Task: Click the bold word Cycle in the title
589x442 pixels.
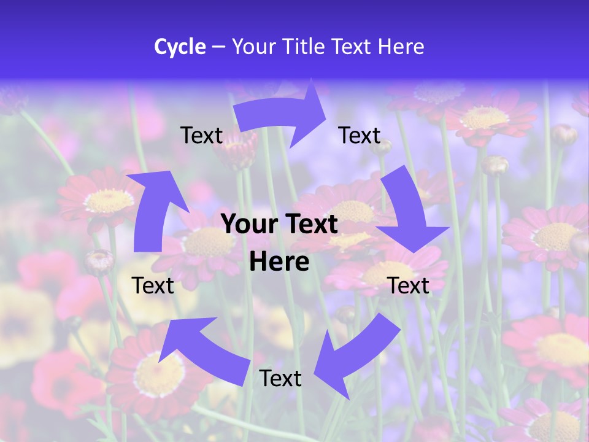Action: tap(180, 47)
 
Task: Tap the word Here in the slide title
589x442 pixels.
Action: tap(401, 47)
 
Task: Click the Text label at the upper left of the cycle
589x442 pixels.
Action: tap(201, 135)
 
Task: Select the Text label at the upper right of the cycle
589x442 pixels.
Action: tap(360, 135)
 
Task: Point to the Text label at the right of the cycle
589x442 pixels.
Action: tap(408, 285)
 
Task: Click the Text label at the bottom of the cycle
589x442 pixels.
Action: tap(280, 378)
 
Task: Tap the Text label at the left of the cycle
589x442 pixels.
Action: tap(153, 285)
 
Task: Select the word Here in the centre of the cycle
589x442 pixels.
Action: tap(279, 262)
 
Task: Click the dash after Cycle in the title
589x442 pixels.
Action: tap(218, 47)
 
